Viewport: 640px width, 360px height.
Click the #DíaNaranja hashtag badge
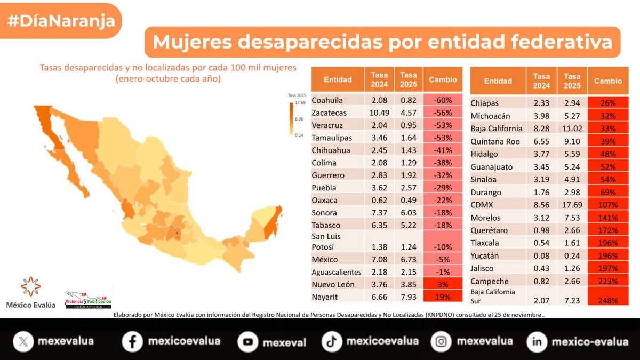click(x=61, y=21)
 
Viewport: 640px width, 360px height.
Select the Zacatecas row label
click(x=329, y=113)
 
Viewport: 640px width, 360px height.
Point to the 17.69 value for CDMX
click(x=572, y=205)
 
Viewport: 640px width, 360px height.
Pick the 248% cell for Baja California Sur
click(x=607, y=300)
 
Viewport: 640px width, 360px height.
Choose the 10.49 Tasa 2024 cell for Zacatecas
click(x=379, y=113)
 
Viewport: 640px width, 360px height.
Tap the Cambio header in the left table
click(x=443, y=79)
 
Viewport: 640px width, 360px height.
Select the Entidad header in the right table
click(x=498, y=81)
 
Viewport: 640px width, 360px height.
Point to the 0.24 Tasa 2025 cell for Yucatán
click(x=572, y=255)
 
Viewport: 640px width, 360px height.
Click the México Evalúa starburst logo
click(x=30, y=287)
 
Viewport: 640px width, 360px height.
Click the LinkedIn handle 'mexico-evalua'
click(x=590, y=341)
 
